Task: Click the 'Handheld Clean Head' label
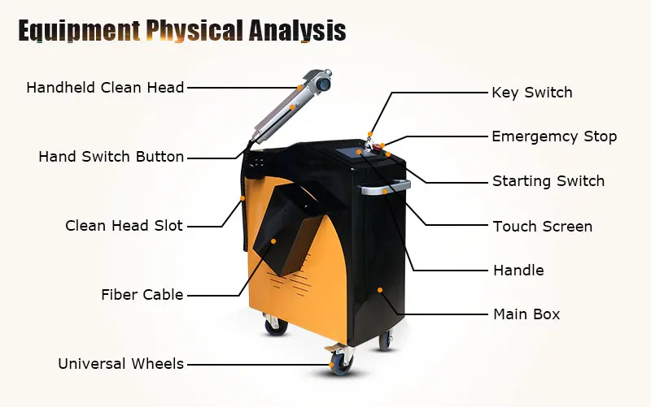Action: tap(105, 87)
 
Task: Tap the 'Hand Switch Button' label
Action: tap(111, 157)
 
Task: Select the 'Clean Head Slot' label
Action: tap(124, 226)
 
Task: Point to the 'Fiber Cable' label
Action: tap(142, 295)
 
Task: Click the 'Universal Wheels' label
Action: tap(120, 364)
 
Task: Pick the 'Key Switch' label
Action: tap(531, 93)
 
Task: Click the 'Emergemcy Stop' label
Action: tap(554, 136)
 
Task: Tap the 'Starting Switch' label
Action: tap(548, 181)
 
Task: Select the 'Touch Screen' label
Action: tap(542, 227)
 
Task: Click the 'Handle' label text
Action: tap(518, 271)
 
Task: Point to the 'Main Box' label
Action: tap(526, 314)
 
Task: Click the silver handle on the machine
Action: tap(386, 192)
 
